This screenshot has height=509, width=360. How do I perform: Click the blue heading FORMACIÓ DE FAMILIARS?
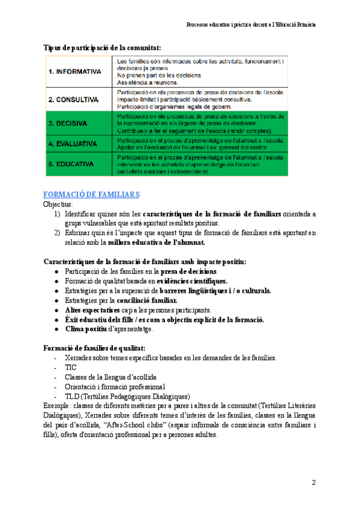[x=92, y=194]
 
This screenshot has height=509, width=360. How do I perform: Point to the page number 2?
[x=313, y=483]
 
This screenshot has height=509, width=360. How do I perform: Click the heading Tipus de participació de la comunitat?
[x=103, y=47]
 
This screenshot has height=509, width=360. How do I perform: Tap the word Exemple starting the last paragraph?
[x=58, y=406]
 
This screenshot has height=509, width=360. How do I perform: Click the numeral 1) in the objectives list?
[x=56, y=214]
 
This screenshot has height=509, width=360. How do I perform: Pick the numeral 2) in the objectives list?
[x=56, y=233]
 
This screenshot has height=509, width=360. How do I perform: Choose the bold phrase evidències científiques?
[x=192, y=281]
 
